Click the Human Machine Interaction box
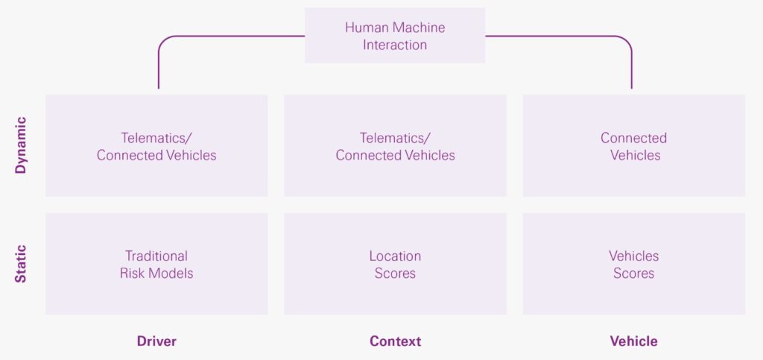point(395,36)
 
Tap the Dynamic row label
point(21,145)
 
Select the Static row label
point(21,264)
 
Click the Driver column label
point(156,341)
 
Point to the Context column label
point(395,341)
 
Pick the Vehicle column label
point(633,341)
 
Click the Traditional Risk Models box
point(156,264)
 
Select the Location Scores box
point(395,264)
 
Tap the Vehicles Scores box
point(633,264)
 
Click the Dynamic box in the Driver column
point(156,145)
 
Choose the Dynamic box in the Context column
point(395,145)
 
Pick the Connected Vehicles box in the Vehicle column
point(633,145)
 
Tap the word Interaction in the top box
point(395,45)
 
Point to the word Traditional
point(156,256)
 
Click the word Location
point(395,256)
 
